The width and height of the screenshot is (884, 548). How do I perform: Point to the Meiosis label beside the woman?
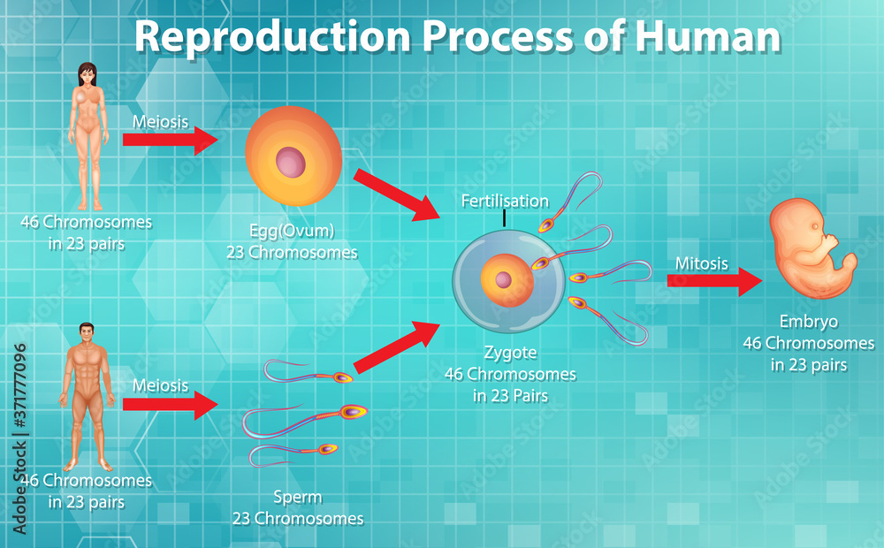pos(160,121)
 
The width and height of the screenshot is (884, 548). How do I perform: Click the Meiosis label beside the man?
pos(160,385)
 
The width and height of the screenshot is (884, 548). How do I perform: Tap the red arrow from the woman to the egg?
pos(170,140)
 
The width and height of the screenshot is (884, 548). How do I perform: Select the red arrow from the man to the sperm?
pos(170,404)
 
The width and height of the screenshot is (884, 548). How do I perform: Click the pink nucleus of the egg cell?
pos(290,163)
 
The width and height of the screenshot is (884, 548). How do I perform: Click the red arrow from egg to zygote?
pos(396,194)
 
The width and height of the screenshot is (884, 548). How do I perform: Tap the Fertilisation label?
pos(505,201)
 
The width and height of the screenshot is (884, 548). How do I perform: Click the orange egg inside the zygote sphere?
pos(507,281)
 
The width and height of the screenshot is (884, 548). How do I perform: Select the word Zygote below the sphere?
pos(510,352)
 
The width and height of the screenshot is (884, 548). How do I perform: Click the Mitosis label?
pos(702,263)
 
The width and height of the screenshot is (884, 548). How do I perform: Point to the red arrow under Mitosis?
pos(713,281)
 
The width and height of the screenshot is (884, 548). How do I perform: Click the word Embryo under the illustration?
pos(808,322)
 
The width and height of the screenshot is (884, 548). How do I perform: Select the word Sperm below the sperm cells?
pos(297,498)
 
